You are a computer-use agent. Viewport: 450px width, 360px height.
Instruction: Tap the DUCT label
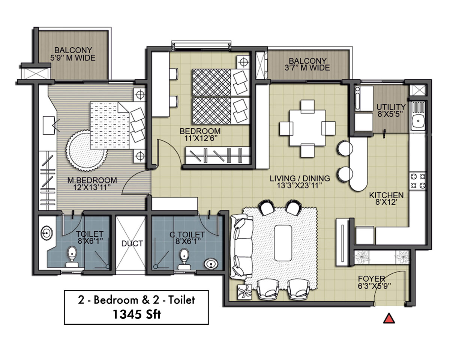[x=132, y=243]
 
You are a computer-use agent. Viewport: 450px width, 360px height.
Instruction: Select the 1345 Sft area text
[x=136, y=314]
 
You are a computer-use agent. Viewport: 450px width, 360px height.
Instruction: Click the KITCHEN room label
[x=386, y=195]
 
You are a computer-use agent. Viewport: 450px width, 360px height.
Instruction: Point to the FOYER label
[x=371, y=279]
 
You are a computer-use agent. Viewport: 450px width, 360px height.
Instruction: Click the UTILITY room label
[x=391, y=107]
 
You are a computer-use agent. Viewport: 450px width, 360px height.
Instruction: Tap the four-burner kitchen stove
[x=418, y=181]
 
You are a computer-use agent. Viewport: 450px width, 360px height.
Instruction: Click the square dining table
[x=307, y=128]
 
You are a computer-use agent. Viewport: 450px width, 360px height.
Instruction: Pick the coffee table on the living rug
[x=283, y=243]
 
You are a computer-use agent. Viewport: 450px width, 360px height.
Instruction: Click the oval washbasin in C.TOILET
[x=211, y=264]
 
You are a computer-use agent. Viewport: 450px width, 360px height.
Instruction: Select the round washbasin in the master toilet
[x=46, y=232]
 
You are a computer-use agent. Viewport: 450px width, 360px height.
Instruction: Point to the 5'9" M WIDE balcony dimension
[x=73, y=58]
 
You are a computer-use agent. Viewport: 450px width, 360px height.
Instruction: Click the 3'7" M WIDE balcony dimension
[x=307, y=68]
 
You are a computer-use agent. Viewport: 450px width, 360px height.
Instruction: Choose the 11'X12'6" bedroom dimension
[x=200, y=138]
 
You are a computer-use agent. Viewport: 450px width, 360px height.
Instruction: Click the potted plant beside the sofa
[x=244, y=292]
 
